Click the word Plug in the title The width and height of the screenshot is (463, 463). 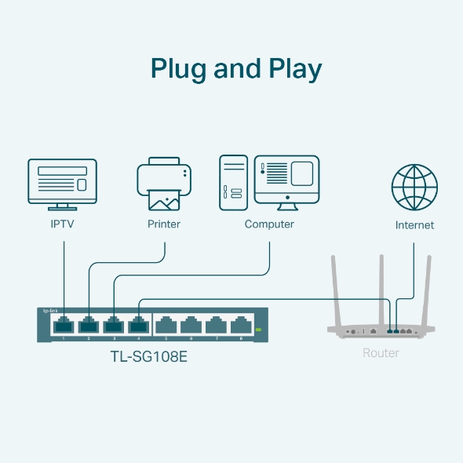click(178, 70)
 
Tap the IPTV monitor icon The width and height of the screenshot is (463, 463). click(63, 183)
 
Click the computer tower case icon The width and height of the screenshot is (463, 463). click(234, 182)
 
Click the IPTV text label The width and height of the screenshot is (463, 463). click(63, 224)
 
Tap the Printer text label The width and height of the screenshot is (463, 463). click(164, 224)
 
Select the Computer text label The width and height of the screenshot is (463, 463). click(269, 224)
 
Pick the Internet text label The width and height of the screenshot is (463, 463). click(414, 225)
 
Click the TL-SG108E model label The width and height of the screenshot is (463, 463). click(149, 356)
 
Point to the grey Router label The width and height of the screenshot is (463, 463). click(381, 353)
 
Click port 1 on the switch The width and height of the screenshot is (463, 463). click(63, 324)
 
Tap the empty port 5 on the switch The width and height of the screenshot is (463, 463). click(166, 324)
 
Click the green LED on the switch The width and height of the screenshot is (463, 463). click(257, 330)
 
